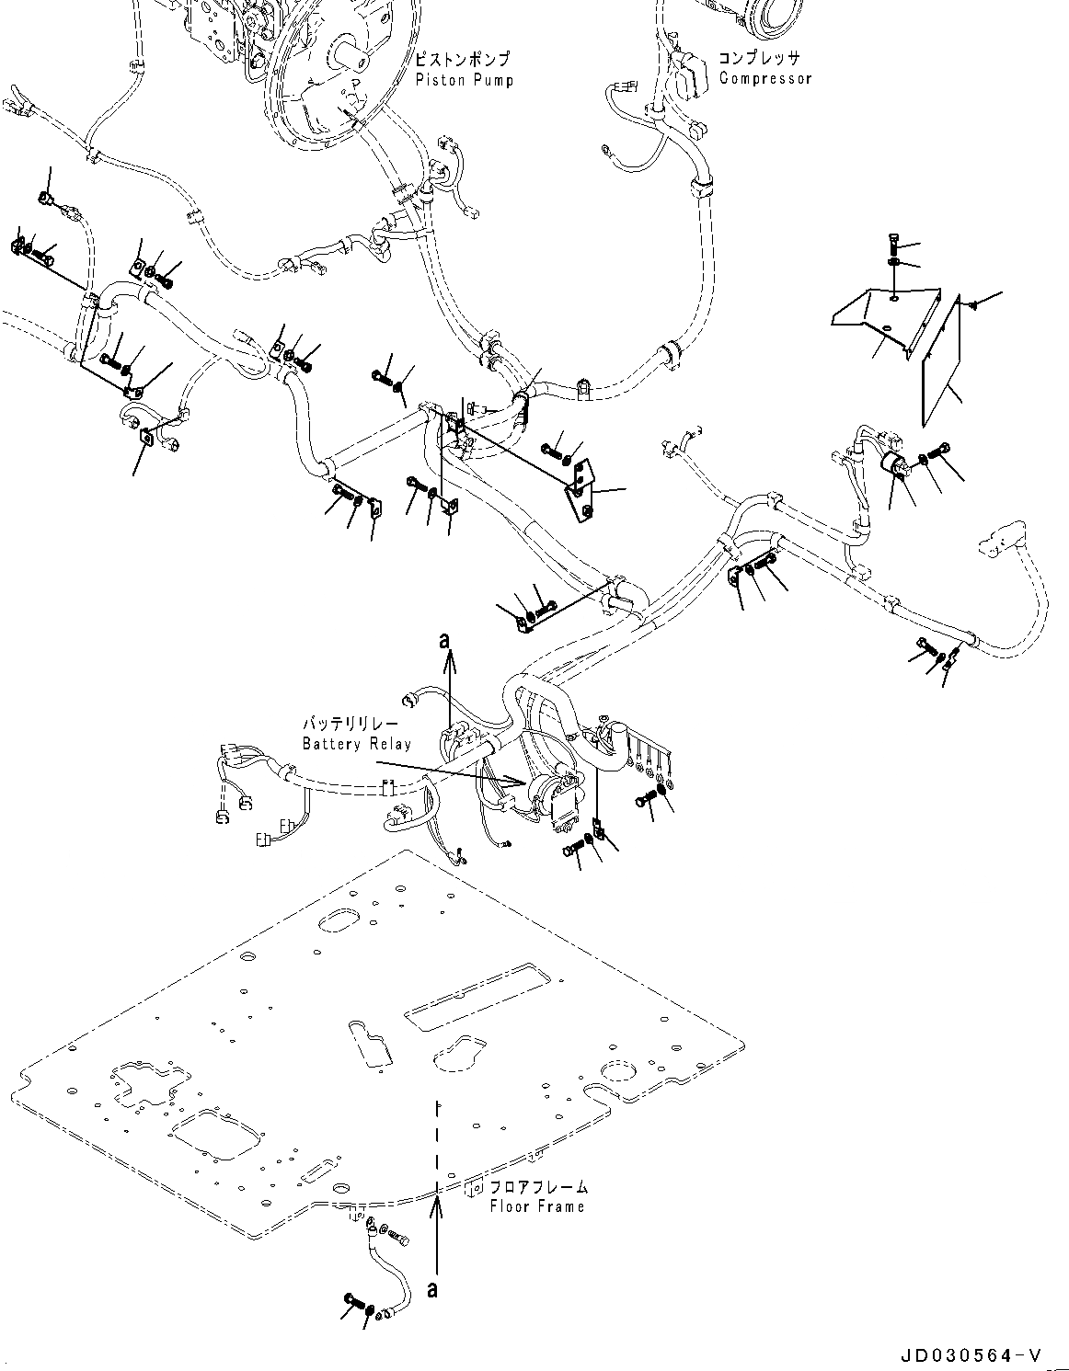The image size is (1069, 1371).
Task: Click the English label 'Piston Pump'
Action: point(464,80)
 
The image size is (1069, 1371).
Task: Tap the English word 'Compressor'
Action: point(764,78)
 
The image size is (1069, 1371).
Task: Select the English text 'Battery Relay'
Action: point(357,744)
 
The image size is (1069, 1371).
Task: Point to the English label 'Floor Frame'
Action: point(537,1206)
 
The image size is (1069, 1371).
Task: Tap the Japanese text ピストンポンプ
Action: point(462,59)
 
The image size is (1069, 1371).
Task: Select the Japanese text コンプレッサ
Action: point(760,57)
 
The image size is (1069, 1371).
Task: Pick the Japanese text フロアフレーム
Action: point(538,1187)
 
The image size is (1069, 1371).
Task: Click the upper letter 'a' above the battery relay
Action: point(445,641)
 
